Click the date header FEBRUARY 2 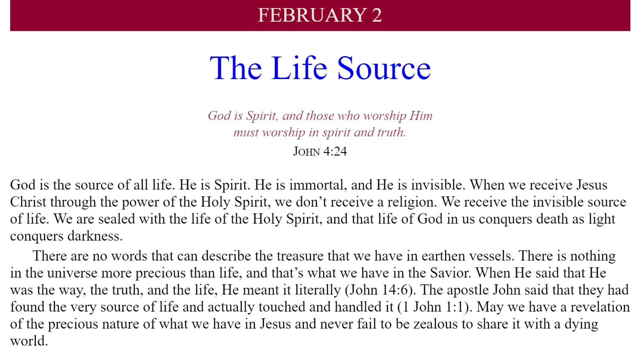point(319,15)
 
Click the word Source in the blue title point(384,68)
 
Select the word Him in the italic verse point(421,116)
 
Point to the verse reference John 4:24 point(320,151)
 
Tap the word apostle point(468,290)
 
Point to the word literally point(318,290)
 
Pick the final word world point(29,341)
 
